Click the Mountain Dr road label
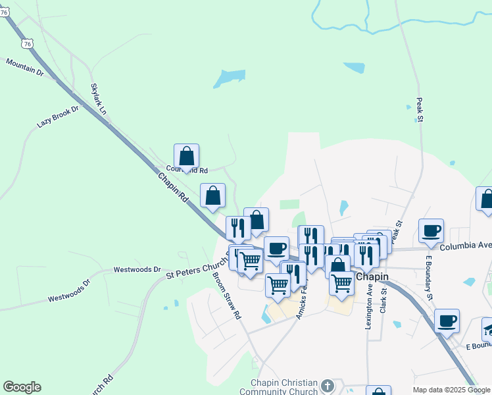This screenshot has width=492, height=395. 24,66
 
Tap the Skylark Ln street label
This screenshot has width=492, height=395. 99,99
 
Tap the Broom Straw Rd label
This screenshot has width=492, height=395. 227,296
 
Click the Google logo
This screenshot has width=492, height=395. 22,387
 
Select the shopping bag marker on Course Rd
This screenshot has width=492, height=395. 187,157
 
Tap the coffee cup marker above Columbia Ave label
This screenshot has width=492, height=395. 431,230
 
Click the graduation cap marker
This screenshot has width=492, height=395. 488,328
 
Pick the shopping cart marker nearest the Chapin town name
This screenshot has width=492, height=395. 341,282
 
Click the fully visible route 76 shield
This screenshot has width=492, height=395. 27,43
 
